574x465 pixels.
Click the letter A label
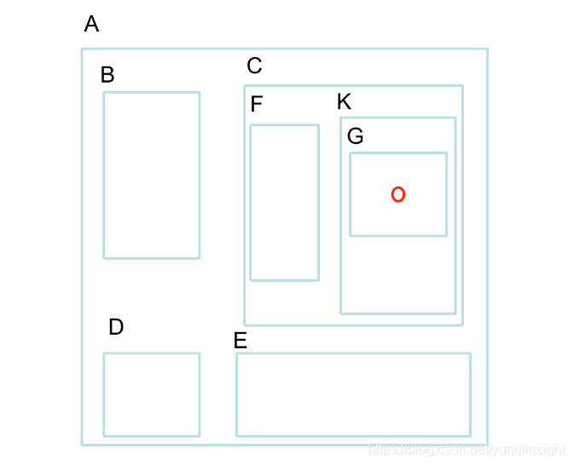point(91,25)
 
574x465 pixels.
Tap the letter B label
point(107,75)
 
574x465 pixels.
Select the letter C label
point(254,66)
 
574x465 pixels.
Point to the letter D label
point(116,327)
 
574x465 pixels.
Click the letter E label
point(241,341)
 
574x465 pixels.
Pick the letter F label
point(257,105)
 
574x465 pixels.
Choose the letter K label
point(344,102)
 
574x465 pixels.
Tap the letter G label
point(356,136)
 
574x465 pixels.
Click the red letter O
point(397,195)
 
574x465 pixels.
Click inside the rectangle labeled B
point(151,175)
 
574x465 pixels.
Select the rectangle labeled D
point(151,394)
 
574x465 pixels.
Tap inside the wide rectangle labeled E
point(353,394)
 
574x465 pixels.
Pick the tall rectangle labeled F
point(284,203)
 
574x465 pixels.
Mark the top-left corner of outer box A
point(82,49)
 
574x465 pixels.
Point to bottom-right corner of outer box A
point(487,445)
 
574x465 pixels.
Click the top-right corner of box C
point(462,85)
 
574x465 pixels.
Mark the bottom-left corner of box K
point(341,313)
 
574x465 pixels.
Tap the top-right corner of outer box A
point(487,49)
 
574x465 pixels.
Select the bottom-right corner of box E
point(470,436)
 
